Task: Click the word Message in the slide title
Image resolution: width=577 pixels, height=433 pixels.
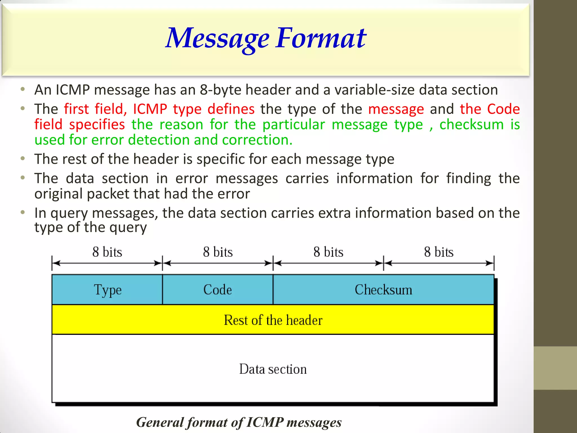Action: pyautogui.click(x=217, y=39)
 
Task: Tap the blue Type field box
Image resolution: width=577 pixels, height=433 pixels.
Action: pyautogui.click(x=107, y=290)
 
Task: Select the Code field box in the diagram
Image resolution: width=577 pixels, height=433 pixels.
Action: pyautogui.click(x=218, y=290)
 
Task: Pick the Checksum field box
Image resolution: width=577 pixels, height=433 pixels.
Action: pyautogui.click(x=383, y=290)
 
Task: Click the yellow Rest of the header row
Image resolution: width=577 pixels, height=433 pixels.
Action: pyautogui.click(x=273, y=320)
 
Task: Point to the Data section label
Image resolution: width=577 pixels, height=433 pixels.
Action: pyautogui.click(x=273, y=369)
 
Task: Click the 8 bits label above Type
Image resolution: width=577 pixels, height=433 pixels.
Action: pyautogui.click(x=107, y=252)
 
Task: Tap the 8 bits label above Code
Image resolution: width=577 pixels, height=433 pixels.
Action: pyautogui.click(x=218, y=252)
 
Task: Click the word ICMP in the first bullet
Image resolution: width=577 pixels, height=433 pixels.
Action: pyautogui.click(x=72, y=90)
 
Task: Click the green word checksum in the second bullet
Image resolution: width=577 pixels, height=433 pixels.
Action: pyautogui.click(x=471, y=124)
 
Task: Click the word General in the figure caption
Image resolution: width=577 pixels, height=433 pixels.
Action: pyautogui.click(x=160, y=422)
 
